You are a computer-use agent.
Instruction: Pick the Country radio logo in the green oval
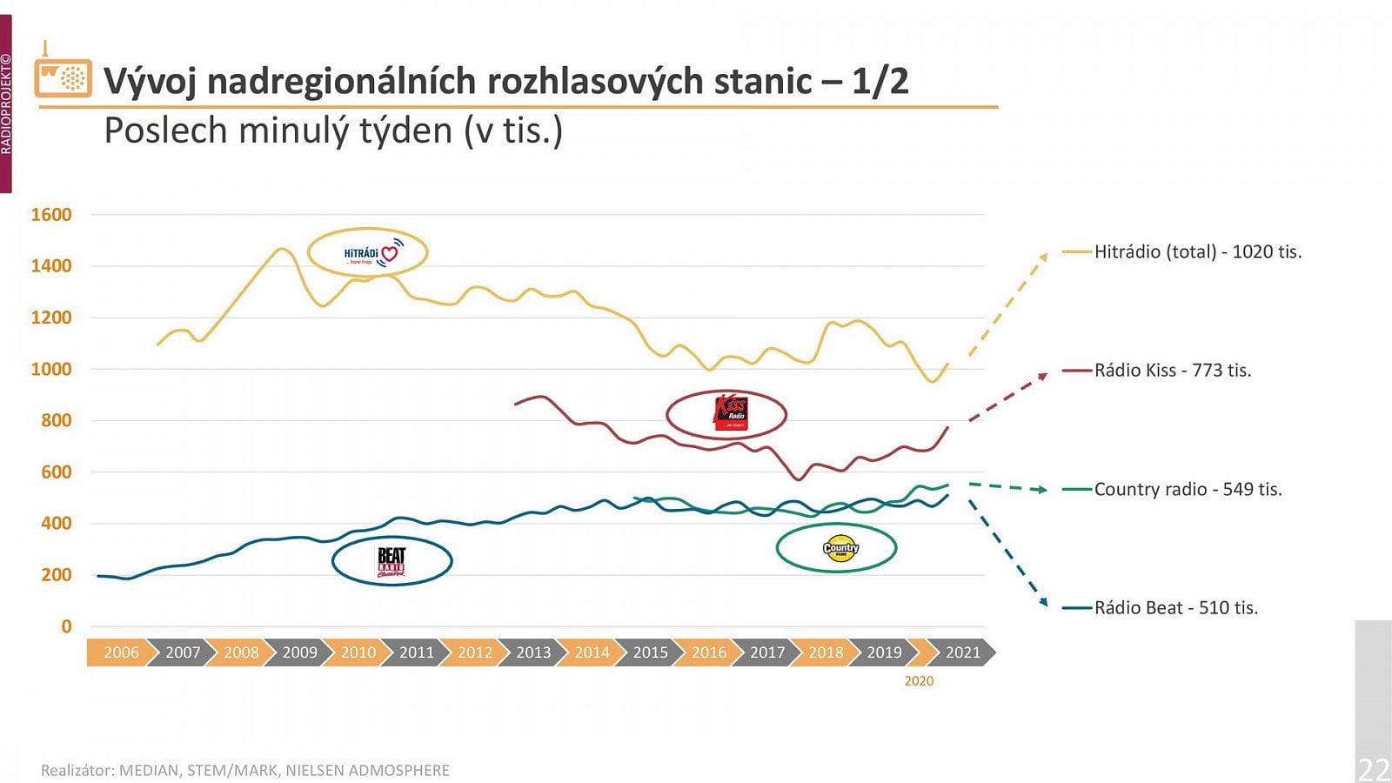coord(840,548)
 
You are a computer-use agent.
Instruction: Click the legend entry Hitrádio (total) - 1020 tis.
coord(1197,252)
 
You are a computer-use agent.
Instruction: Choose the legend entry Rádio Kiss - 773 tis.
coord(1172,371)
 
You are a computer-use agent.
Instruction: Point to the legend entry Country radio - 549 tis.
coord(1188,490)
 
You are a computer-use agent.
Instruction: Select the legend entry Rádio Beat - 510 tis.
coord(1175,608)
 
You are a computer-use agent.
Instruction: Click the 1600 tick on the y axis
coord(51,215)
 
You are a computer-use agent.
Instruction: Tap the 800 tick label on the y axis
coord(57,420)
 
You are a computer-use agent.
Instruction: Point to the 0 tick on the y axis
coord(66,626)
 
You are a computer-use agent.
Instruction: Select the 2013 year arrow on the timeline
coord(533,652)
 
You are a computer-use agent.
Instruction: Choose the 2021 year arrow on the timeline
coord(962,652)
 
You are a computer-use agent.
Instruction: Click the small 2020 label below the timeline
coord(919,681)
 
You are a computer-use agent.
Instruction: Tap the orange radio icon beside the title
coord(63,77)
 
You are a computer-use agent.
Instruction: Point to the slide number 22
coord(1374,769)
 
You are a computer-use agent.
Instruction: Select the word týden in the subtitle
coord(400,131)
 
